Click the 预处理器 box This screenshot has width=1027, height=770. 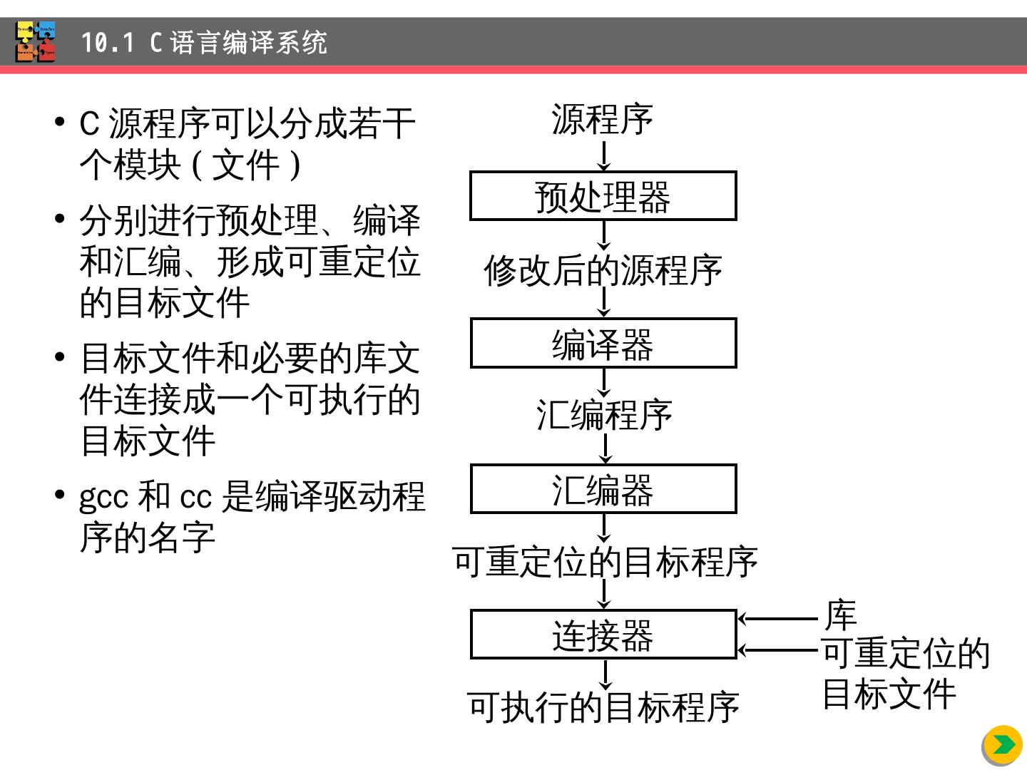(x=603, y=196)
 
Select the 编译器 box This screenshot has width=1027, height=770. (x=603, y=343)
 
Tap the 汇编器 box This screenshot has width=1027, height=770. (x=603, y=489)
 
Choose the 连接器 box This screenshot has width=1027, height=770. (x=603, y=635)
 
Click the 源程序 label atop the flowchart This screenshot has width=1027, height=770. (x=603, y=119)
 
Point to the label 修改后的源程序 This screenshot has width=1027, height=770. (x=603, y=270)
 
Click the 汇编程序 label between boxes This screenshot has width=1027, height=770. (x=604, y=415)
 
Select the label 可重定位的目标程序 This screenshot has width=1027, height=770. (x=605, y=562)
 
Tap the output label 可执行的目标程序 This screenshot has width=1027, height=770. (x=603, y=707)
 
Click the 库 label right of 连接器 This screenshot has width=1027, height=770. (x=840, y=615)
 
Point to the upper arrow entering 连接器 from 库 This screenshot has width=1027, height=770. (x=777, y=619)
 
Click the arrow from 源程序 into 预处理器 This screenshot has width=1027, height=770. (x=604, y=155)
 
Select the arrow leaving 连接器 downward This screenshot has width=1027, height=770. (x=605, y=674)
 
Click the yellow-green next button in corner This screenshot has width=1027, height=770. (x=1003, y=745)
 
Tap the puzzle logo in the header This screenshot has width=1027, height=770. (x=36, y=42)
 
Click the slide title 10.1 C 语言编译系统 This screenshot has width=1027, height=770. (x=204, y=43)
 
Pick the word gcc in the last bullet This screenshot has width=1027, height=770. (x=103, y=497)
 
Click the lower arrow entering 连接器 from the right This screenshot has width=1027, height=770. (x=777, y=650)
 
